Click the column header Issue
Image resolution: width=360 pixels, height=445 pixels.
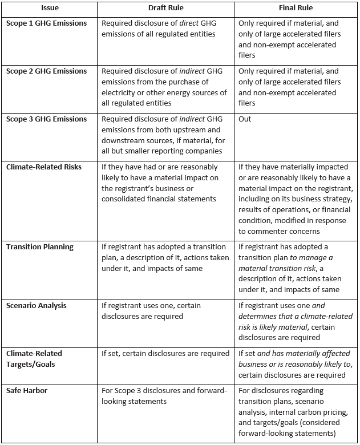(50, 9)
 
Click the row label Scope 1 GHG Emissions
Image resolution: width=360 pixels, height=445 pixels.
(46, 23)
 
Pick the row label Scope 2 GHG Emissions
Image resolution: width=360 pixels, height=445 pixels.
(46, 71)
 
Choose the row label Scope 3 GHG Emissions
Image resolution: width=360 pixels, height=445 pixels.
(46, 119)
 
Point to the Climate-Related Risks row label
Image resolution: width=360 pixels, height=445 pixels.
(44, 167)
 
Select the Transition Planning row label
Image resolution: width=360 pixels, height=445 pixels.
(39, 247)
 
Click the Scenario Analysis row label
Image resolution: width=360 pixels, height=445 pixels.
(37, 306)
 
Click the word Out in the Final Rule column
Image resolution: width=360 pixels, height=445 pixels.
(245, 119)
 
